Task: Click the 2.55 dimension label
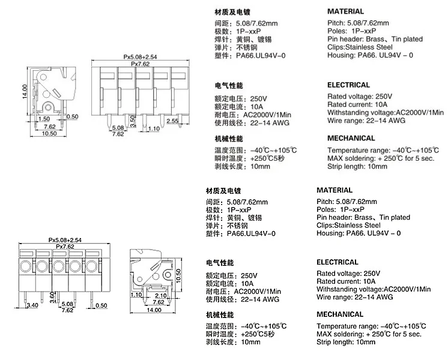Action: coord(172,121)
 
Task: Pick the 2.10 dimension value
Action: coord(160,295)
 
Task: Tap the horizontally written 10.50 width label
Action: coord(49,133)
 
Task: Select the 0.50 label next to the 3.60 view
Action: coord(101,305)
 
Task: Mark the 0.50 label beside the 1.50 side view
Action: coord(73,116)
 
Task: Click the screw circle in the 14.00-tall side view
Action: coord(49,106)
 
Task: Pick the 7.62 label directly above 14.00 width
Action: coord(158,302)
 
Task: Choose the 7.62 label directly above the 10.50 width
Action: coord(49,127)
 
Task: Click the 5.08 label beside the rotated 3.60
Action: coord(67,305)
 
